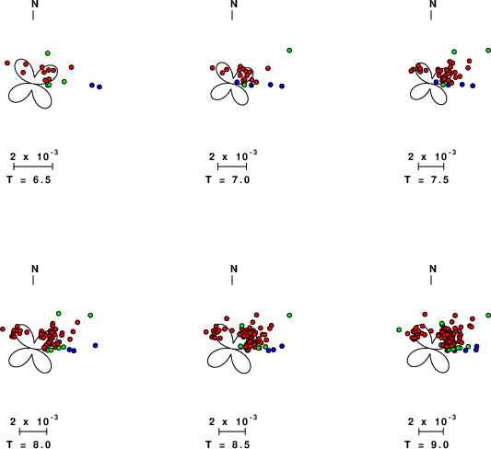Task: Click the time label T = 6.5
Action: coord(29,179)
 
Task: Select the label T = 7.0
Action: coord(228,179)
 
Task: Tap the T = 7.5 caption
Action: coord(427,179)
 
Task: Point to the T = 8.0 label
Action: coord(29,444)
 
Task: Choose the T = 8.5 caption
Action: coord(228,444)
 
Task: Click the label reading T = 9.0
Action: coord(427,444)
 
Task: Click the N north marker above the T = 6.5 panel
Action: coord(35,4)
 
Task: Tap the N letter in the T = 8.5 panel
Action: coord(234,269)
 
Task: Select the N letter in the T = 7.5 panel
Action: coord(433,4)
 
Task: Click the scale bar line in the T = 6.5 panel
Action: coord(33,167)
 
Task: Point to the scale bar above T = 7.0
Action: coord(232,167)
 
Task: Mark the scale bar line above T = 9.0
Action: coord(431,432)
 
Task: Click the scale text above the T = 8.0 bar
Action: coord(34,420)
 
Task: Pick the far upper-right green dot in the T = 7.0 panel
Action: coord(289,51)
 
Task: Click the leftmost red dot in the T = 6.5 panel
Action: coord(7,63)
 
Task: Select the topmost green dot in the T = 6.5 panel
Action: coord(48,53)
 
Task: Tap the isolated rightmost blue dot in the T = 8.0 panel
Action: coord(95,346)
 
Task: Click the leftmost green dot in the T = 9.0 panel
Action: coord(399,329)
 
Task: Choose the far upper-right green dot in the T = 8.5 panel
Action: coord(289,316)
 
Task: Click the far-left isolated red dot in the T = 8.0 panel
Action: coord(3,329)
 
